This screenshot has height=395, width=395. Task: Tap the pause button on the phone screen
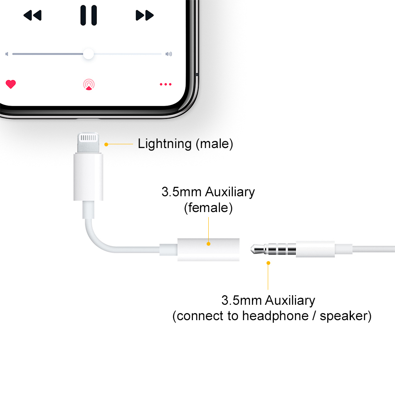(89, 15)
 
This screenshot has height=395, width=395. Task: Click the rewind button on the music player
(32, 16)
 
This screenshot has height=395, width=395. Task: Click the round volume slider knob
(88, 54)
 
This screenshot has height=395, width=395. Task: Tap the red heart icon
(11, 84)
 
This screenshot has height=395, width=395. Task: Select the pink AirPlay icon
(89, 84)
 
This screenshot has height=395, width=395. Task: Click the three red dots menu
(165, 84)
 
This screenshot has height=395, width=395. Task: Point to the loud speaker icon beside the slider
(168, 54)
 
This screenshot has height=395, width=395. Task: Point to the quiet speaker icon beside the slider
(7, 54)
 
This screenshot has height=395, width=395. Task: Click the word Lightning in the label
(165, 144)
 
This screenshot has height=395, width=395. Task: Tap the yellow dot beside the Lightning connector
(106, 144)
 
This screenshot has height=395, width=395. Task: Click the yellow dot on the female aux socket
(208, 244)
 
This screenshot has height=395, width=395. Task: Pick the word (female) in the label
(208, 207)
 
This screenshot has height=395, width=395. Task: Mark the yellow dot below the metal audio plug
(268, 263)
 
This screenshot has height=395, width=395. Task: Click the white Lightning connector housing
(88, 176)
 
